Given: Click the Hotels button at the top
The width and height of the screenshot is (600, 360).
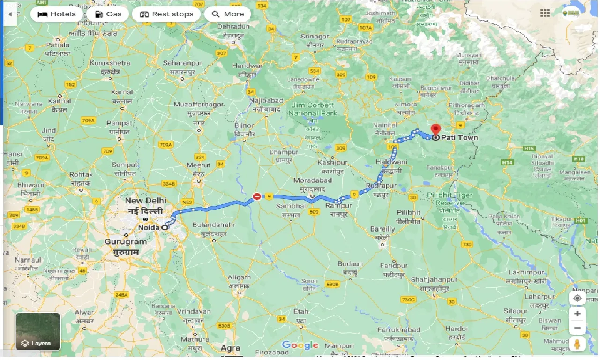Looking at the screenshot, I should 57,14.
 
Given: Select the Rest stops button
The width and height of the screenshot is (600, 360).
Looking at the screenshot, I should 166,14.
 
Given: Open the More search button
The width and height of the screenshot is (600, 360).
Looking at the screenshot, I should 228,14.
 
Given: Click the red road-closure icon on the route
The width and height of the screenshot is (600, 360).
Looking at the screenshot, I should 257,196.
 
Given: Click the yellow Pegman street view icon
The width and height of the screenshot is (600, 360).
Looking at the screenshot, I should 577,343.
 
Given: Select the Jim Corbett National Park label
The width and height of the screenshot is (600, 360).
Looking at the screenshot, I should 312,109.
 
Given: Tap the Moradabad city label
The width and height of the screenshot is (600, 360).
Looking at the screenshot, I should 313,180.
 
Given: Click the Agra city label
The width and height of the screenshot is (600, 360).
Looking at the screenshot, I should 231,348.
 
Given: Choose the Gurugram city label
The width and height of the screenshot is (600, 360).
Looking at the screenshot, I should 126,242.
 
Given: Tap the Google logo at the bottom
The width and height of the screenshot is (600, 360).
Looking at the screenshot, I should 300,346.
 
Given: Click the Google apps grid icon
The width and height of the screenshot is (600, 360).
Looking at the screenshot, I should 545,14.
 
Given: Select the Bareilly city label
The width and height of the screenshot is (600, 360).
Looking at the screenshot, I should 382,229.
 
